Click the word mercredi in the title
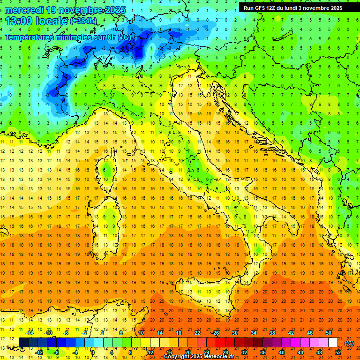pyautogui.click(x=24, y=10)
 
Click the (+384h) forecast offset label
pyautogui.click(x=83, y=21)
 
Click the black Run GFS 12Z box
pyautogui.click(x=293, y=7)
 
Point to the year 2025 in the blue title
pyautogui.click(x=114, y=10)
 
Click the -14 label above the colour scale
pyautogui.click(x=30, y=333)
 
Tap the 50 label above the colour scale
pyautogui.click(x=329, y=333)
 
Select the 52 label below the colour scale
pyautogui.click(x=338, y=352)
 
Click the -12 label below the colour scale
pyautogui.click(x=39, y=352)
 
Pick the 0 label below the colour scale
pyautogui.click(x=93, y=352)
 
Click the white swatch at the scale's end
pyautogui.click(x=333, y=343)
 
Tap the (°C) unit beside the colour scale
pyautogui.click(x=349, y=343)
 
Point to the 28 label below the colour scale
pyautogui.click(x=225, y=352)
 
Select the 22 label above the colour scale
pyautogui.click(x=197, y=333)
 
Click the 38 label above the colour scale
pyautogui.click(x=272, y=333)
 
